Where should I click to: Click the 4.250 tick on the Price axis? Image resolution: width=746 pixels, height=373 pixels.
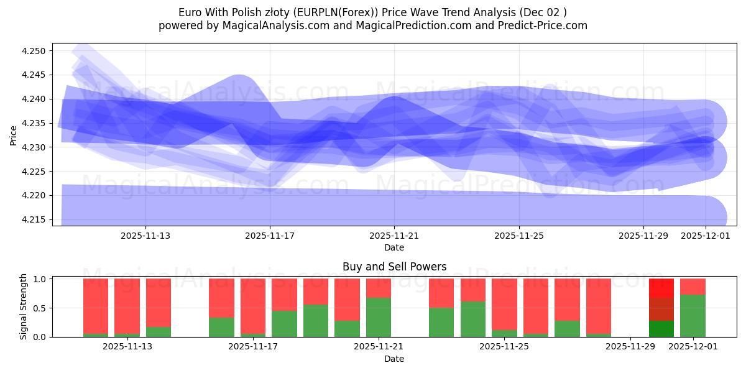pyautogui.click(x=35, y=51)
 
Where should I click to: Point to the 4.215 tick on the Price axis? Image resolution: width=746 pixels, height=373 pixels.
pyautogui.click(x=35, y=220)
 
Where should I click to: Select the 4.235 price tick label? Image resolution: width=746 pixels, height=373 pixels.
pyautogui.click(x=35, y=123)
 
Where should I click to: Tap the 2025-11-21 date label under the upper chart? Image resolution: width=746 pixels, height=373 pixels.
pyautogui.click(x=394, y=236)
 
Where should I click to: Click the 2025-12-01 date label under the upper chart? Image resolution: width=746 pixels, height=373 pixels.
pyautogui.click(x=706, y=236)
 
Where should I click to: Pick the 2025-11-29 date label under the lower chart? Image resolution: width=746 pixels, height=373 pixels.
pyautogui.click(x=630, y=347)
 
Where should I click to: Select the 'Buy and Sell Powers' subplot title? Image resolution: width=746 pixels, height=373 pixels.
pyautogui.click(x=394, y=267)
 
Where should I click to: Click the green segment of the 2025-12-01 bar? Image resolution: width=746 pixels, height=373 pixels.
pyautogui.click(x=693, y=316)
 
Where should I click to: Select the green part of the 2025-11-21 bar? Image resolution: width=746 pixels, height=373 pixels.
pyautogui.click(x=379, y=317)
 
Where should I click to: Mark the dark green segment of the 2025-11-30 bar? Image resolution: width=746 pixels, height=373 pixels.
pyautogui.click(x=661, y=329)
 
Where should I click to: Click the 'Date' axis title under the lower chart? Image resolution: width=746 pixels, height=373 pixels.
pyautogui.click(x=394, y=359)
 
